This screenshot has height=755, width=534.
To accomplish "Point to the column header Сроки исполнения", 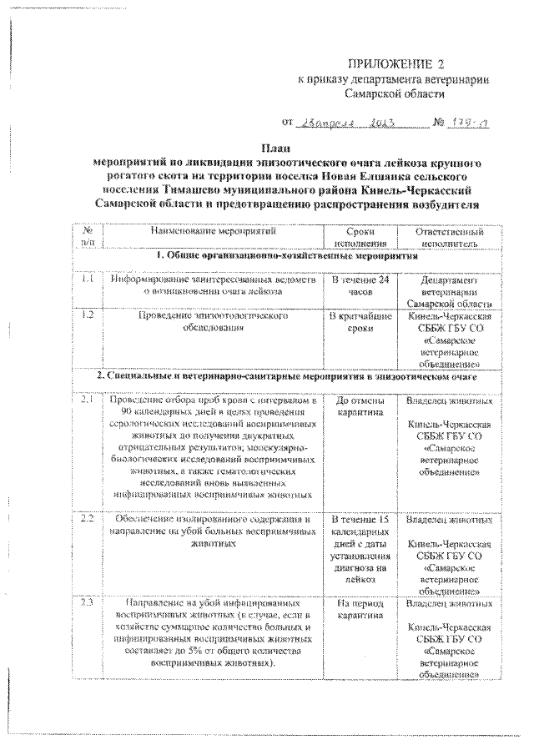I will pyautogui.click(x=359, y=237).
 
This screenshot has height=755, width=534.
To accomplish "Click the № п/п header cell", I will pyautogui.click(x=88, y=237).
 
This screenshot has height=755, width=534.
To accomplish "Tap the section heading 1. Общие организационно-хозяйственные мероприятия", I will pyautogui.click(x=286, y=259).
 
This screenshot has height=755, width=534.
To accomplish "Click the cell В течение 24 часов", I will pyautogui.click(x=359, y=286).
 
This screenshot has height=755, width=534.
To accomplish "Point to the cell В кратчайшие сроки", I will pyautogui.click(x=359, y=324).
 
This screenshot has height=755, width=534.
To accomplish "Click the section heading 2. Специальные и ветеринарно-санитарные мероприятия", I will pyautogui.click(x=286, y=377).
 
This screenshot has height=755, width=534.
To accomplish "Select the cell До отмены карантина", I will pyautogui.click(x=359, y=408).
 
